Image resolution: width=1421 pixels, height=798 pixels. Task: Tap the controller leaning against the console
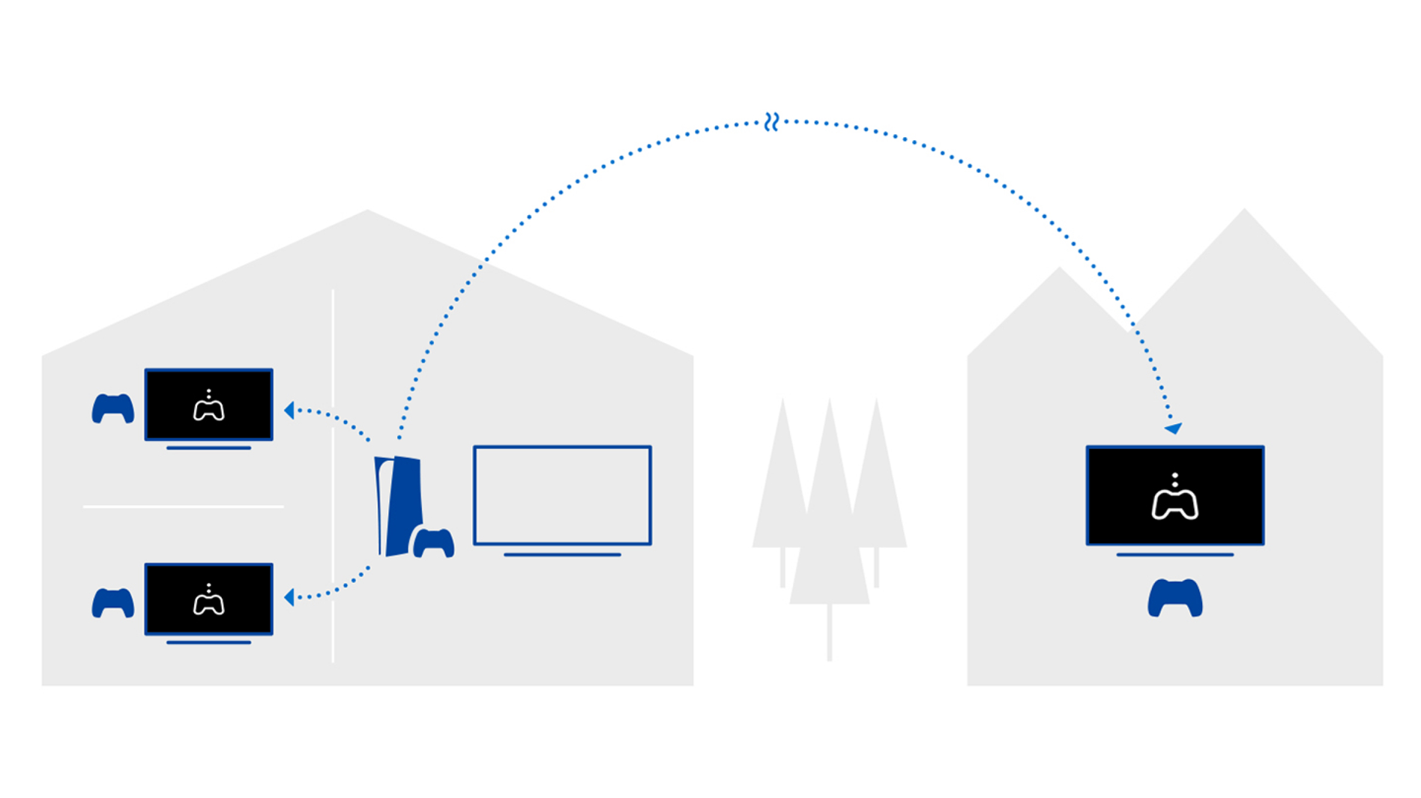[434, 542]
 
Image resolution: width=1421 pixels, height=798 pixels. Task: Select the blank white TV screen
[562, 495]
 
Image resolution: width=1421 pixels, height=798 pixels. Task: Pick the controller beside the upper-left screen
[113, 408]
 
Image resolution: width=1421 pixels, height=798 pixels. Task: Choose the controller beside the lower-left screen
[113, 602]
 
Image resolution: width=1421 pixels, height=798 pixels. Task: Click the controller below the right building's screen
[1174, 598]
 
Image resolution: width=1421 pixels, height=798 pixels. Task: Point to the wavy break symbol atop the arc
[771, 121]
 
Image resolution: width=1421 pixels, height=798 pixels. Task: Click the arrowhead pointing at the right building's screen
[1174, 429]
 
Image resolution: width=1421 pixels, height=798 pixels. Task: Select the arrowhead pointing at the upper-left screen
[289, 410]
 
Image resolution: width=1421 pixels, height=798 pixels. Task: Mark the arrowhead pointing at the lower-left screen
[289, 597]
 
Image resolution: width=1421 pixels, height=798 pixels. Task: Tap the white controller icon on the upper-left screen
[208, 408]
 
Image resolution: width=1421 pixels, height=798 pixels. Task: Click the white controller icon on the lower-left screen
[208, 602]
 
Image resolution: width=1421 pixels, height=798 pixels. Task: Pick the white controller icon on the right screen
[1174, 500]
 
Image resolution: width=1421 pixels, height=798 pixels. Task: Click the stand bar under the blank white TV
[562, 555]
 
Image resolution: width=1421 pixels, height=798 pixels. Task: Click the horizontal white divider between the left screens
[183, 507]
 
